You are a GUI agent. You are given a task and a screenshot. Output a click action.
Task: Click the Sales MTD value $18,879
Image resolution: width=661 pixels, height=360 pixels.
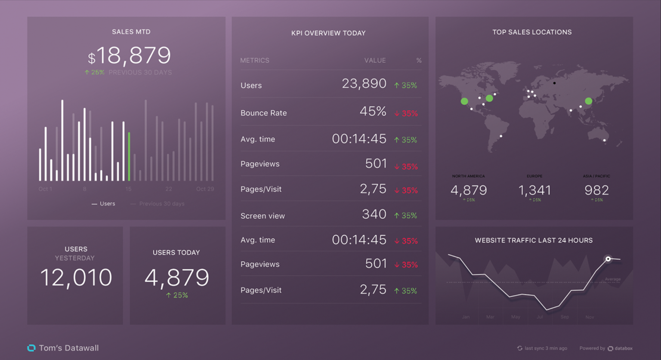129,56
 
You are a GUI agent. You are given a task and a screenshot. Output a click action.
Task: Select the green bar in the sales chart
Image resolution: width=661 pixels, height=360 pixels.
129,157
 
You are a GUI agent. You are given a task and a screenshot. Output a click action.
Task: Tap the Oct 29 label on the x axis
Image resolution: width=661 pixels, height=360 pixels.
205,189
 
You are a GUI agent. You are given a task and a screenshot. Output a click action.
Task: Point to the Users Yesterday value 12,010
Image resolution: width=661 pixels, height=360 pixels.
76,277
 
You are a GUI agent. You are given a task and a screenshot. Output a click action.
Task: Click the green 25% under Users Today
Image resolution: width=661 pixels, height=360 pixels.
177,295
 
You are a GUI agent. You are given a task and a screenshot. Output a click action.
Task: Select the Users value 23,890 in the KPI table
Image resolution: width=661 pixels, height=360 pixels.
364,83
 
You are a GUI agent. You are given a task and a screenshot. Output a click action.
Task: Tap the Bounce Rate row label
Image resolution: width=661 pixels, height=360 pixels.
263,113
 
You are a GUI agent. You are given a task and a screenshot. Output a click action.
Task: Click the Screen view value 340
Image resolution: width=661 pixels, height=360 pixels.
374,214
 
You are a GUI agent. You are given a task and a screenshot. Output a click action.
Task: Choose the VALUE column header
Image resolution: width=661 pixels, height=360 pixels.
375,60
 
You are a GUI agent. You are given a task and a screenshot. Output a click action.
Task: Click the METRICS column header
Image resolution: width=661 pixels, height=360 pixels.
255,60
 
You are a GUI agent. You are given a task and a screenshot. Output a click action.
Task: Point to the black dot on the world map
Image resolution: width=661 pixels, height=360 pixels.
554,83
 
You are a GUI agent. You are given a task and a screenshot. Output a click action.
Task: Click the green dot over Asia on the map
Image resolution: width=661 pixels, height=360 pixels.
588,101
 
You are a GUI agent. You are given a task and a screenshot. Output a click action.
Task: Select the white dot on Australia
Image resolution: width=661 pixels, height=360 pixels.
604,140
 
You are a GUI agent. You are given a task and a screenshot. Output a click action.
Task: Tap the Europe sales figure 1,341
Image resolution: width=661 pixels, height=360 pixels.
534,190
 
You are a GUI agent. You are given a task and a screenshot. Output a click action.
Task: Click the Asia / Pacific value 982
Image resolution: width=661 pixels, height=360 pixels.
596,190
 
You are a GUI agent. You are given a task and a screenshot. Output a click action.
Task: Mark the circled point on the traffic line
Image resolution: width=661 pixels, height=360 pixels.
608,259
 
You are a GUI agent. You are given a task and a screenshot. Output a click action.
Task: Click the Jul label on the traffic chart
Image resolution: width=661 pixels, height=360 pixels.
540,317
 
